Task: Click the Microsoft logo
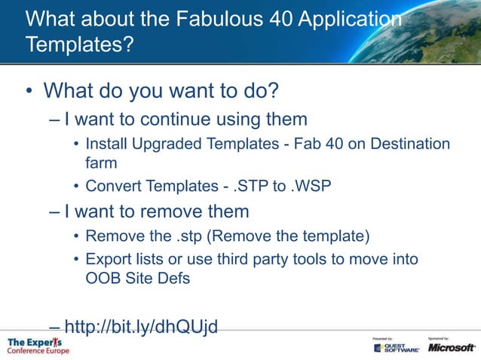tap(452, 347)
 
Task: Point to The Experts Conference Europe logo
tap(38, 346)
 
